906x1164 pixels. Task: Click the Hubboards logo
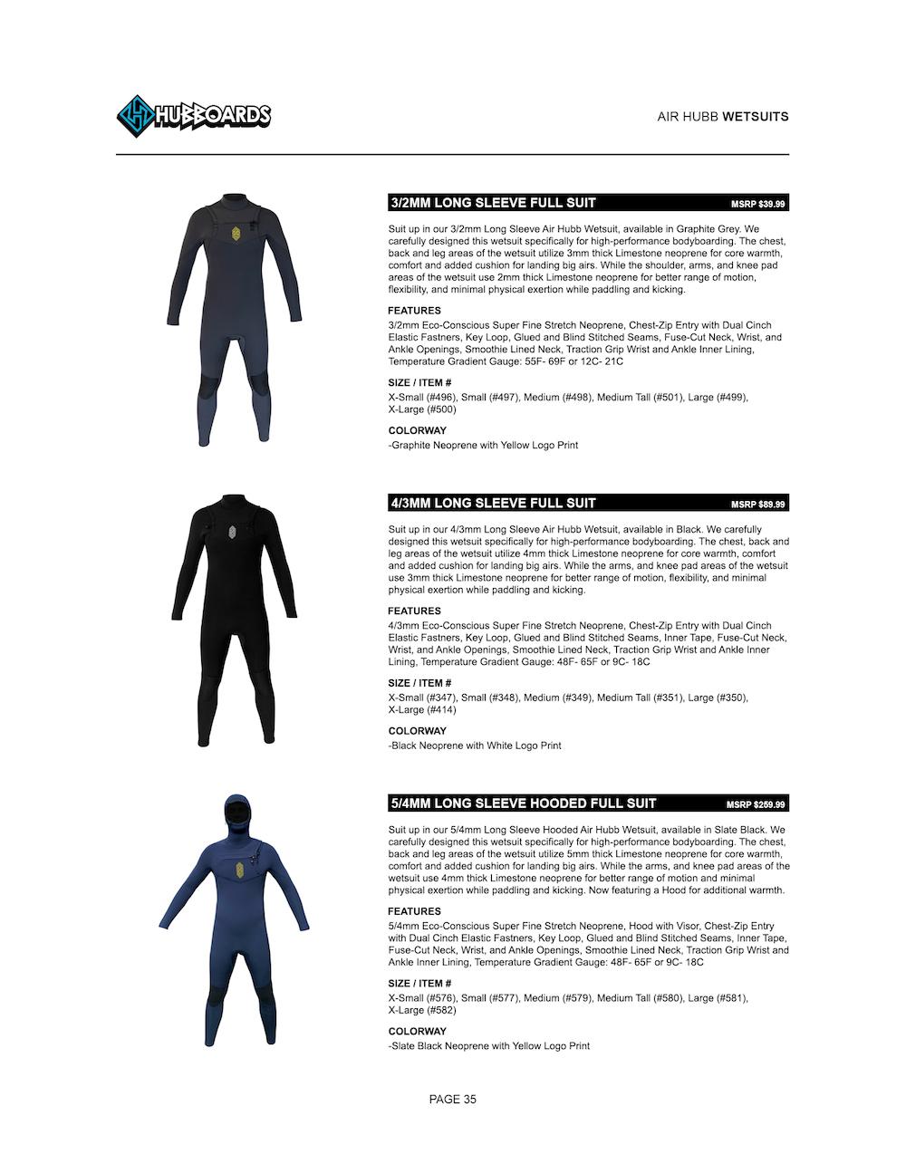pyautogui.click(x=194, y=116)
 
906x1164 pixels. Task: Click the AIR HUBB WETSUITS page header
pyautogui.click(x=722, y=117)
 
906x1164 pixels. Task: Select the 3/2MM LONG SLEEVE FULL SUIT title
pyautogui.click(x=493, y=203)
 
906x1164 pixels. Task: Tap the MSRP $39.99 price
pyautogui.click(x=757, y=205)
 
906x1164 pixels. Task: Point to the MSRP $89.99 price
pyautogui.click(x=757, y=505)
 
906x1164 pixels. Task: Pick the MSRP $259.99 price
pyautogui.click(x=755, y=804)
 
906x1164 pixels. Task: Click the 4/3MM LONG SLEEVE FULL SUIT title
pyautogui.click(x=493, y=503)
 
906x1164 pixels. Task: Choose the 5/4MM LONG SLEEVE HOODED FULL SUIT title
pyautogui.click(x=523, y=803)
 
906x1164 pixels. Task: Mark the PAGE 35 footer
pyautogui.click(x=452, y=1100)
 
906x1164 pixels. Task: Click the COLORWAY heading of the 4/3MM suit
pyautogui.click(x=417, y=731)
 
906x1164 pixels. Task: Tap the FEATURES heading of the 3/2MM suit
pyautogui.click(x=414, y=311)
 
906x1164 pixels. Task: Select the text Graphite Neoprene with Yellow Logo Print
pyautogui.click(x=485, y=446)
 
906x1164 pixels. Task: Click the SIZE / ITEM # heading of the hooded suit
pyautogui.click(x=419, y=983)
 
